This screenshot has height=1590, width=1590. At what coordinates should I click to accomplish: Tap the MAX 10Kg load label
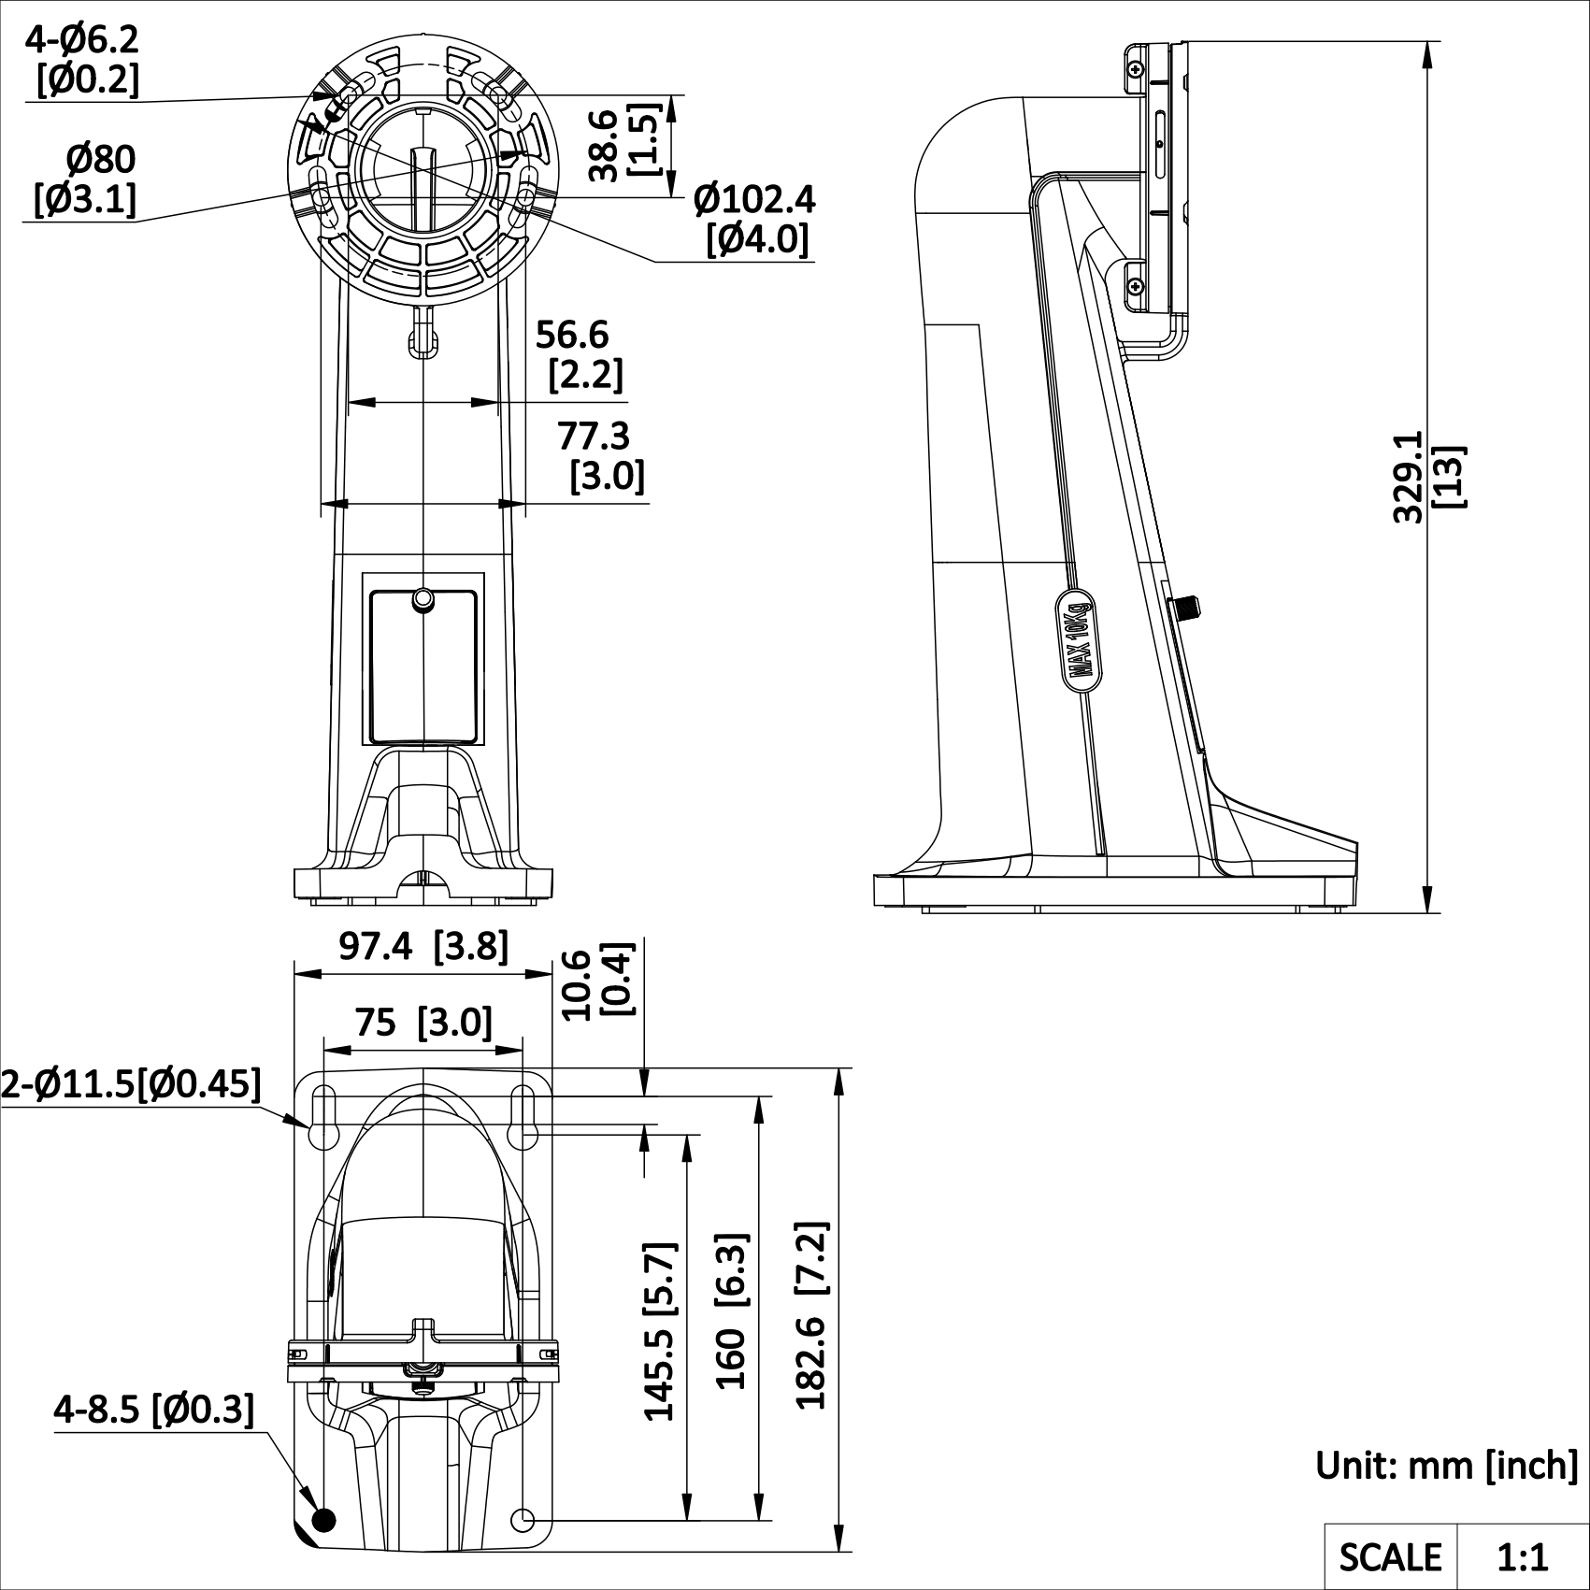coord(1080,639)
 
